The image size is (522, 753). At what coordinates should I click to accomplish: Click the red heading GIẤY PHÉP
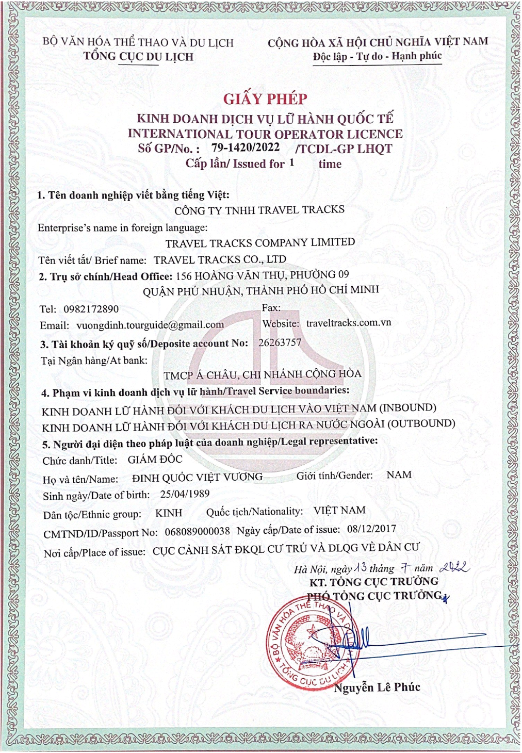265,99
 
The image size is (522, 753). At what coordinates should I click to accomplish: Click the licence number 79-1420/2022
246,148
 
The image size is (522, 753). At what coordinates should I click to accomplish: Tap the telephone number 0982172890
91,309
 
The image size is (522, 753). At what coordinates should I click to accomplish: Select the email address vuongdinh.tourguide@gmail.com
150,325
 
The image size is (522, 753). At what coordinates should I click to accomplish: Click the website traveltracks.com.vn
349,323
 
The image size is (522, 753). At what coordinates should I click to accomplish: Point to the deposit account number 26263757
280,342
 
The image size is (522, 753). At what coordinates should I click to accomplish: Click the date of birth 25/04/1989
185,494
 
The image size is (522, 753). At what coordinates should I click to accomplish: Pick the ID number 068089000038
198,531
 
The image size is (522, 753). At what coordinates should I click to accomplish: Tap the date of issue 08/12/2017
371,529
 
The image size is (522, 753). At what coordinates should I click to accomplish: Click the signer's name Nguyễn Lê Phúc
377,687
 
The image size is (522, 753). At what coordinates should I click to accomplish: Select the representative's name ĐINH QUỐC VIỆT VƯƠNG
197,478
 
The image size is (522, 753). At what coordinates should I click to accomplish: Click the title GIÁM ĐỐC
155,459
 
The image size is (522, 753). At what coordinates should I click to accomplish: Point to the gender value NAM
399,474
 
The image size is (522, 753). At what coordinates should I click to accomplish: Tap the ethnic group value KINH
169,513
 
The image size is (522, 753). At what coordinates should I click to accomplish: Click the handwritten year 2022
454,568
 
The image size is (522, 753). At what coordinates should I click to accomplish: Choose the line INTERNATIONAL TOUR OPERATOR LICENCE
265,134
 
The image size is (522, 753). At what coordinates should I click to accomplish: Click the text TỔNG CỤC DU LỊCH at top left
139,57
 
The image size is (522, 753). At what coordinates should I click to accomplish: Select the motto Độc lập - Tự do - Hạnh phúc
378,56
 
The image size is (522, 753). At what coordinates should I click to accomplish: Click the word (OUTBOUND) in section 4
421,423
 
